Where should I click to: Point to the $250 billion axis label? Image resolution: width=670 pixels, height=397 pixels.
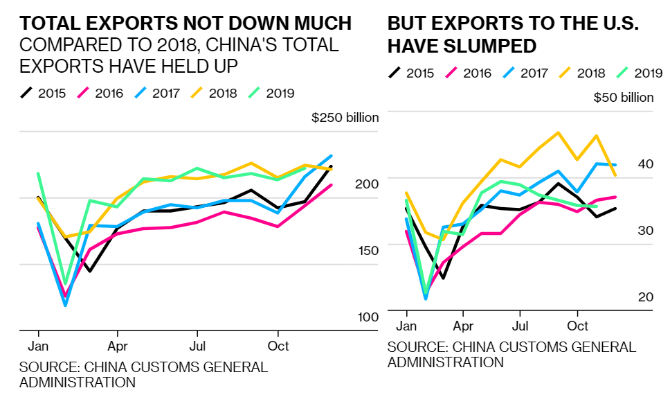click(x=345, y=117)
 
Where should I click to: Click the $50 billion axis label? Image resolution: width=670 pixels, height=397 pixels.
click(x=624, y=97)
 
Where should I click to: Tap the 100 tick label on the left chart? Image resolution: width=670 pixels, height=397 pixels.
click(x=368, y=317)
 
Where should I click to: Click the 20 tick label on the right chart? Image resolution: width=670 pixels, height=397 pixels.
click(x=645, y=297)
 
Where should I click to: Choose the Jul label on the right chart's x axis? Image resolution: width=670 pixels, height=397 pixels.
click(x=519, y=326)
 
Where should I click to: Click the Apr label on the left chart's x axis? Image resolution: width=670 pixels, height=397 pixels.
click(x=118, y=345)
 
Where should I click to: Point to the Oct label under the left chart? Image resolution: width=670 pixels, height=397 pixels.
click(x=278, y=345)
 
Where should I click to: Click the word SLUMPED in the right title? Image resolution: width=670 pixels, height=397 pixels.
click(x=496, y=46)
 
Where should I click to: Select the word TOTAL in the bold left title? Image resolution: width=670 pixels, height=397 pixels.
click(x=46, y=24)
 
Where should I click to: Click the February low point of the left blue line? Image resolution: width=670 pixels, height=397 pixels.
click(x=66, y=305)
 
